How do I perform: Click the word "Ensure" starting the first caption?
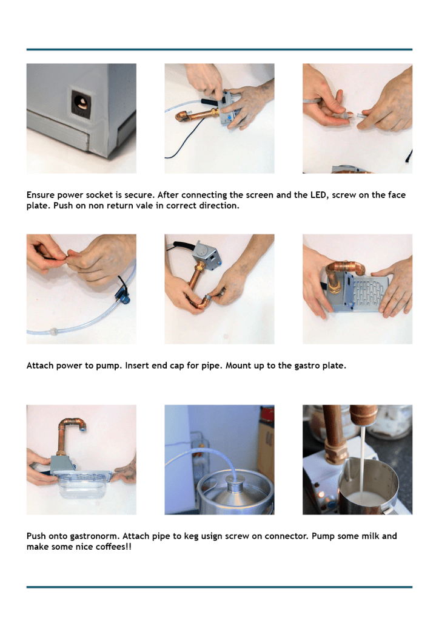point(41,195)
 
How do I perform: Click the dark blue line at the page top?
point(219,50)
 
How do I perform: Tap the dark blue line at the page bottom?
point(219,587)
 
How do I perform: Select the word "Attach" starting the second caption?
point(40,366)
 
